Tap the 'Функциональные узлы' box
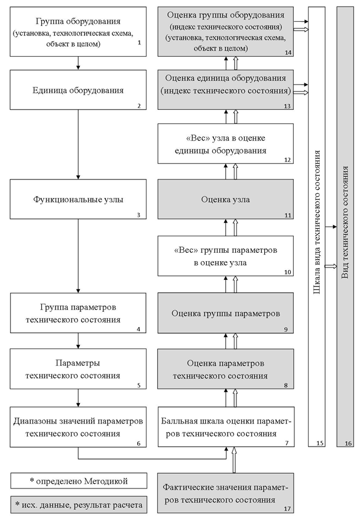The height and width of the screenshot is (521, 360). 78,199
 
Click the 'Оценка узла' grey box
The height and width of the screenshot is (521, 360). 225,199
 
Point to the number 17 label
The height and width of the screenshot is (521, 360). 288,507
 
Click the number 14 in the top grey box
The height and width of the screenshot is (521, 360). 288,53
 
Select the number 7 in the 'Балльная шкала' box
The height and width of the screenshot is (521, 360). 288,442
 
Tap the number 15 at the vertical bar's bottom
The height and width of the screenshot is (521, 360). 320,442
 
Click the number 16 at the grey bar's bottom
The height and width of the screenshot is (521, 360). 348,442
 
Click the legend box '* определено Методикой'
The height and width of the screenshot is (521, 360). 78,480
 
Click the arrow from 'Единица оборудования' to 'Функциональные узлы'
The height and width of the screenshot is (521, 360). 78,145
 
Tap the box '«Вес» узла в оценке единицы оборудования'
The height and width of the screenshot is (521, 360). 225,144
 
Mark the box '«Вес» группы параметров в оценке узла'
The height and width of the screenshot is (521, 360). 225,256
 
